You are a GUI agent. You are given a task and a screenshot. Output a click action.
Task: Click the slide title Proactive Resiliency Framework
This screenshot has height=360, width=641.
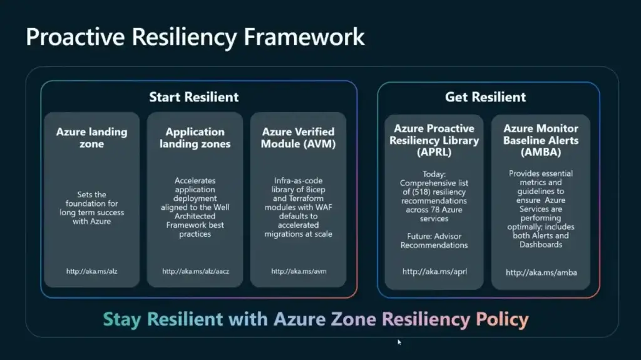click(x=195, y=37)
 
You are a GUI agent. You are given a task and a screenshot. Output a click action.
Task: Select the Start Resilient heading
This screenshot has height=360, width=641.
click(x=194, y=97)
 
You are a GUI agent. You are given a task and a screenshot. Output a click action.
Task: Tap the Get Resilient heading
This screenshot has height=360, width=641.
click(x=485, y=97)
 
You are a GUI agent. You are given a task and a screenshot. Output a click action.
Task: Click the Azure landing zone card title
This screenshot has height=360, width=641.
click(x=91, y=138)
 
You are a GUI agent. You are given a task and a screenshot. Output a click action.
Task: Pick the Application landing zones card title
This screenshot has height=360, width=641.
click(x=195, y=138)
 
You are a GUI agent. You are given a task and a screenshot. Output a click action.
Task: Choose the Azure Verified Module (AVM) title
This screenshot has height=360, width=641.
click(x=298, y=138)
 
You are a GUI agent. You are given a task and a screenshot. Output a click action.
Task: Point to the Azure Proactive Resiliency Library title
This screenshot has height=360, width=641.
click(x=434, y=140)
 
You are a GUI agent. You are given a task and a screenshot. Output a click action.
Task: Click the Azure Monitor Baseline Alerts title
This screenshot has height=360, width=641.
click(x=541, y=140)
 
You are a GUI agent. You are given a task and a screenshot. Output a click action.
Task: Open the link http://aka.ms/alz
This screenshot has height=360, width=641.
click(x=91, y=271)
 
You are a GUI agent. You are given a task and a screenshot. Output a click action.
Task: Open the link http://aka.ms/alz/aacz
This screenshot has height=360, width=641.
click(x=195, y=271)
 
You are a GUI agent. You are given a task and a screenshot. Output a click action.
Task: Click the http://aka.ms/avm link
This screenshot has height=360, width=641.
click(x=299, y=271)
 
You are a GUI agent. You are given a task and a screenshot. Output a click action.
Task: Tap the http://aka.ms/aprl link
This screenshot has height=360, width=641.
click(x=434, y=272)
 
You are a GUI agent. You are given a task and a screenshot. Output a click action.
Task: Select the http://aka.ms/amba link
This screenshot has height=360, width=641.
click(x=541, y=272)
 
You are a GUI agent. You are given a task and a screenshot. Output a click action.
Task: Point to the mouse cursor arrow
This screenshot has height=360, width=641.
click(x=399, y=342)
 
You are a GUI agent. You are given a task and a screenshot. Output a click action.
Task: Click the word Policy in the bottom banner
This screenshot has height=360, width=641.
click(x=502, y=319)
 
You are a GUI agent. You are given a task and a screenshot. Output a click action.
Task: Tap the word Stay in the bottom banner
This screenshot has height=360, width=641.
click(x=122, y=319)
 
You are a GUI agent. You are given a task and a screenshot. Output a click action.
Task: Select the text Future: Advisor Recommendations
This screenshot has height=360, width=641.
click(x=434, y=240)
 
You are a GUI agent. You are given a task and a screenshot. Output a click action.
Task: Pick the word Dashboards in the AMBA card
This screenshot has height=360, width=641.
click(x=541, y=245)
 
